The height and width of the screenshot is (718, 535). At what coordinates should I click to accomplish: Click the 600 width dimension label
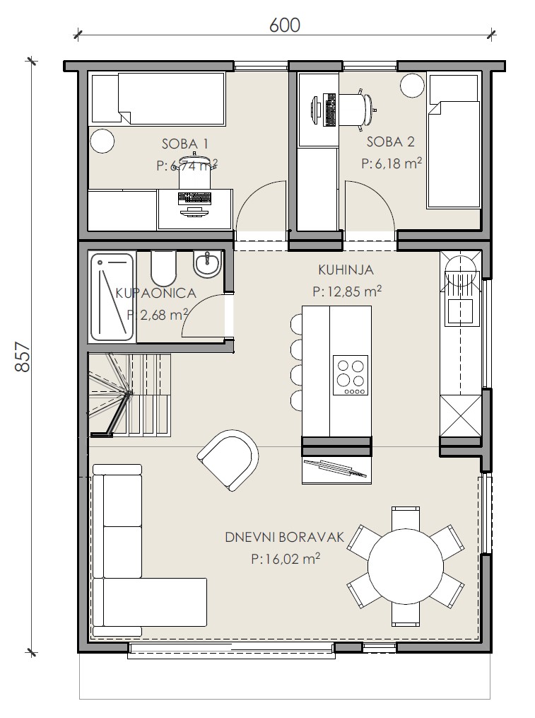tap(285, 25)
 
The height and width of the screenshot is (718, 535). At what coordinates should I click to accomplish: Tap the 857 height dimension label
tap(23, 357)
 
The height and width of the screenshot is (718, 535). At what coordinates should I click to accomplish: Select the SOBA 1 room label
tap(185, 144)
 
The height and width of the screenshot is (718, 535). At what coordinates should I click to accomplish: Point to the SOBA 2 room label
tap(390, 141)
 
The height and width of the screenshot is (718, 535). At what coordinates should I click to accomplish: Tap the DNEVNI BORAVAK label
tap(284, 537)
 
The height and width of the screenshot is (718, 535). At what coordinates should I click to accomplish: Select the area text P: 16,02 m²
tap(285, 558)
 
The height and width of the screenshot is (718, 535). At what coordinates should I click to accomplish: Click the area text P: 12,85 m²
tap(347, 291)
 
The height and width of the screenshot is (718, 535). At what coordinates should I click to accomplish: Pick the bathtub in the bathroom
tap(112, 297)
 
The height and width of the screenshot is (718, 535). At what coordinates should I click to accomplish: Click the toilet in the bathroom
tap(163, 267)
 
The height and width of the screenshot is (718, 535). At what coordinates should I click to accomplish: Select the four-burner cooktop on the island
tap(351, 375)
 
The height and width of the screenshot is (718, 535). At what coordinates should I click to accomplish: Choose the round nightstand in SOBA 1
tap(102, 141)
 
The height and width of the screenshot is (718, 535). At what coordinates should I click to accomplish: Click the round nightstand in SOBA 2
tap(412, 86)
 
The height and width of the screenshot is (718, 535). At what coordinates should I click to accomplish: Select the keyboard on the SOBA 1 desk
tap(194, 198)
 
